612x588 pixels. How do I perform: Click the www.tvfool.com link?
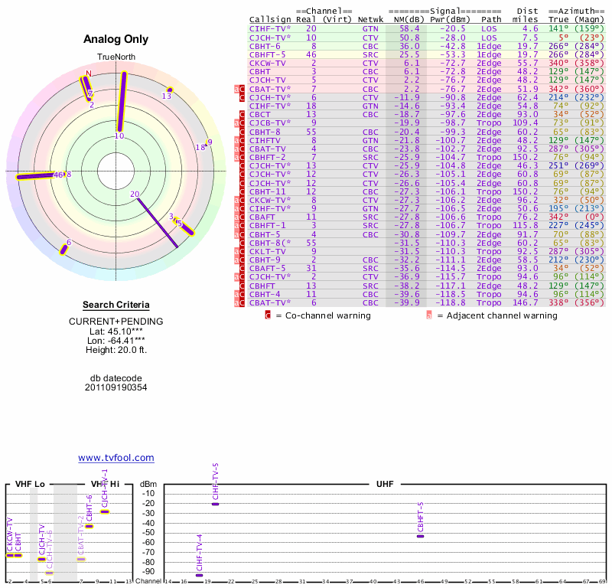coord(116,458)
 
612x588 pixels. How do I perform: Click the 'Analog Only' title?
coord(116,40)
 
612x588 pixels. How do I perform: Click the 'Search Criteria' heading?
coord(116,305)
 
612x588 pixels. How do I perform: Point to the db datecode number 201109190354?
coord(116,387)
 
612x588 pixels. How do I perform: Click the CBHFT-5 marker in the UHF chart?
coord(420,536)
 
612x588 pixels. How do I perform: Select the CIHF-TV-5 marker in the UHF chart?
coord(216,504)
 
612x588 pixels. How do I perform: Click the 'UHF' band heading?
coord(385,484)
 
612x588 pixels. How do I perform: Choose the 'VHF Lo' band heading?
coord(30,484)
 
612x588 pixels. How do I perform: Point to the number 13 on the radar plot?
coord(167,95)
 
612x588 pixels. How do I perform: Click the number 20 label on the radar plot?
coord(135,194)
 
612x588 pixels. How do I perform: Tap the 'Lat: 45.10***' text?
coord(116,331)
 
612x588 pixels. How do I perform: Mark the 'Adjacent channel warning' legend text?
coord(497,315)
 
